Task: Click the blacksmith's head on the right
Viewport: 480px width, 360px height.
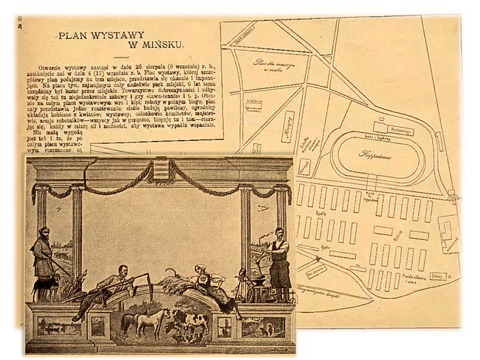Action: pos(279,233)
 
